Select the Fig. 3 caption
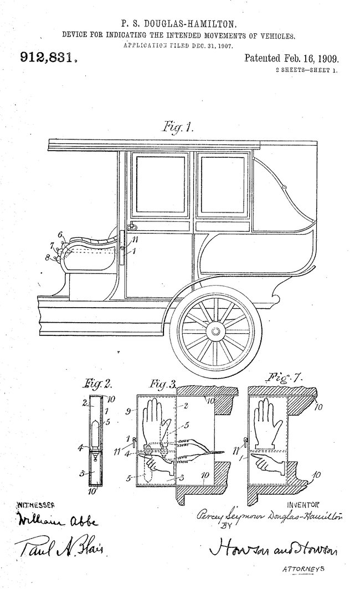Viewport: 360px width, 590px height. point(161,383)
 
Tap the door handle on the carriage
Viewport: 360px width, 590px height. point(132,226)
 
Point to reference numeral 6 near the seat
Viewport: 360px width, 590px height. point(60,234)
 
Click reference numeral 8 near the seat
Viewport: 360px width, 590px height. point(48,257)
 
